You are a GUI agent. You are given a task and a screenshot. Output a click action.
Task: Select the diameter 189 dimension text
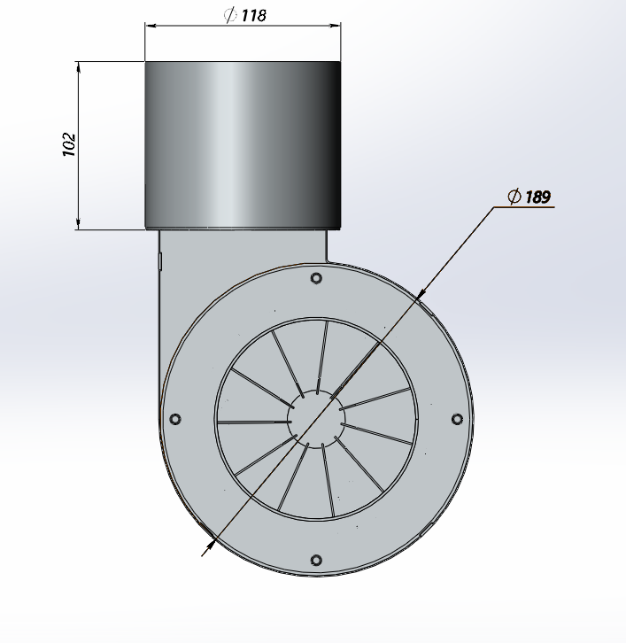click(x=537, y=197)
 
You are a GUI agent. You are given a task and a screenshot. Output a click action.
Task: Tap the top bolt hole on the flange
click(x=316, y=279)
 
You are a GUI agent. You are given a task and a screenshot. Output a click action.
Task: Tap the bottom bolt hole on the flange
click(x=316, y=560)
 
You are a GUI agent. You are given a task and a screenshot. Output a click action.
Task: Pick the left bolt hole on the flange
click(x=174, y=418)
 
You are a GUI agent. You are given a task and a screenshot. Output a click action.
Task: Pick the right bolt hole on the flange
click(x=457, y=418)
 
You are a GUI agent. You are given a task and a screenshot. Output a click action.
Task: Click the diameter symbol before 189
click(x=514, y=197)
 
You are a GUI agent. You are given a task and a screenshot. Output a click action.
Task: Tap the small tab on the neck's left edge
click(x=160, y=259)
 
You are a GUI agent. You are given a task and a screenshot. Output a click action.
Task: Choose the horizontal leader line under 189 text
click(x=524, y=208)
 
